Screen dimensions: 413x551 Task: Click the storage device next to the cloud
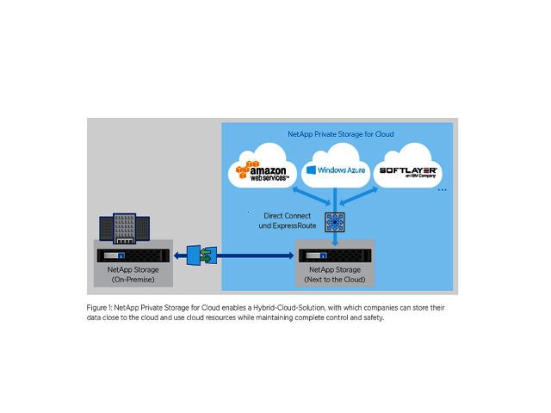(336, 256)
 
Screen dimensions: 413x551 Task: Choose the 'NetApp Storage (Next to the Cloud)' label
(336, 275)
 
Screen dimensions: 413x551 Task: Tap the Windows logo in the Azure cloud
(311, 170)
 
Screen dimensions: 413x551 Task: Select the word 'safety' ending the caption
(371, 317)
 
